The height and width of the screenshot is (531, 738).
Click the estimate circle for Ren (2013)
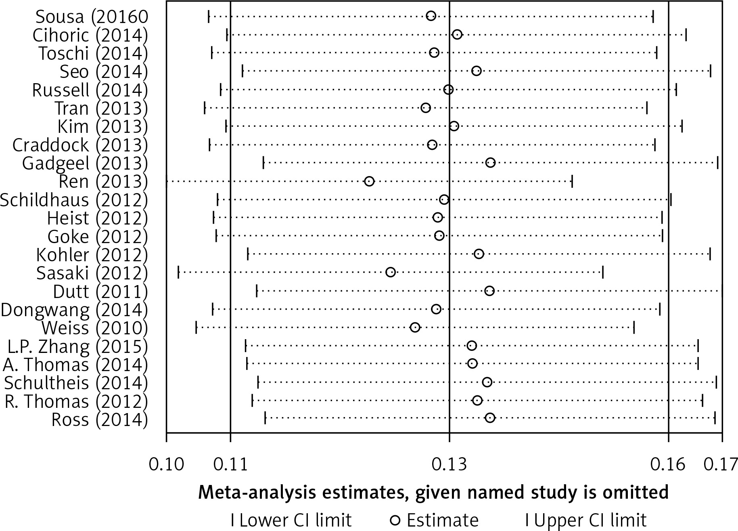(x=369, y=181)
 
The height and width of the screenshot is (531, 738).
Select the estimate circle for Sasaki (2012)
(x=391, y=272)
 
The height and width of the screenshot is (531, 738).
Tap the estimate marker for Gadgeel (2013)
(x=491, y=163)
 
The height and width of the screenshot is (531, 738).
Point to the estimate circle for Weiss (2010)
(x=415, y=327)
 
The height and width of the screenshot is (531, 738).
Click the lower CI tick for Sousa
(x=209, y=17)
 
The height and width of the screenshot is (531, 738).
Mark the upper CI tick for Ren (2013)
(x=572, y=181)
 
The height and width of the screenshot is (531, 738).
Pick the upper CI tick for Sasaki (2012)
(x=603, y=273)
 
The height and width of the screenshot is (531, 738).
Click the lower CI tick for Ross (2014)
(x=265, y=418)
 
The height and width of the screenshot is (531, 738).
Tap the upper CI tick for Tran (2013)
(x=647, y=108)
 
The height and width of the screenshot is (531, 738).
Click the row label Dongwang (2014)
(x=74, y=310)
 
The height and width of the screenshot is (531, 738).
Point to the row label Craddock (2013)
(x=80, y=145)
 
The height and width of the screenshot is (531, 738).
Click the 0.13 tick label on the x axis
(x=449, y=464)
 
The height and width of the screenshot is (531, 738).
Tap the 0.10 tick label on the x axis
(x=166, y=464)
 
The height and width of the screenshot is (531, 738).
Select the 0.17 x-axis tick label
(x=721, y=464)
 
